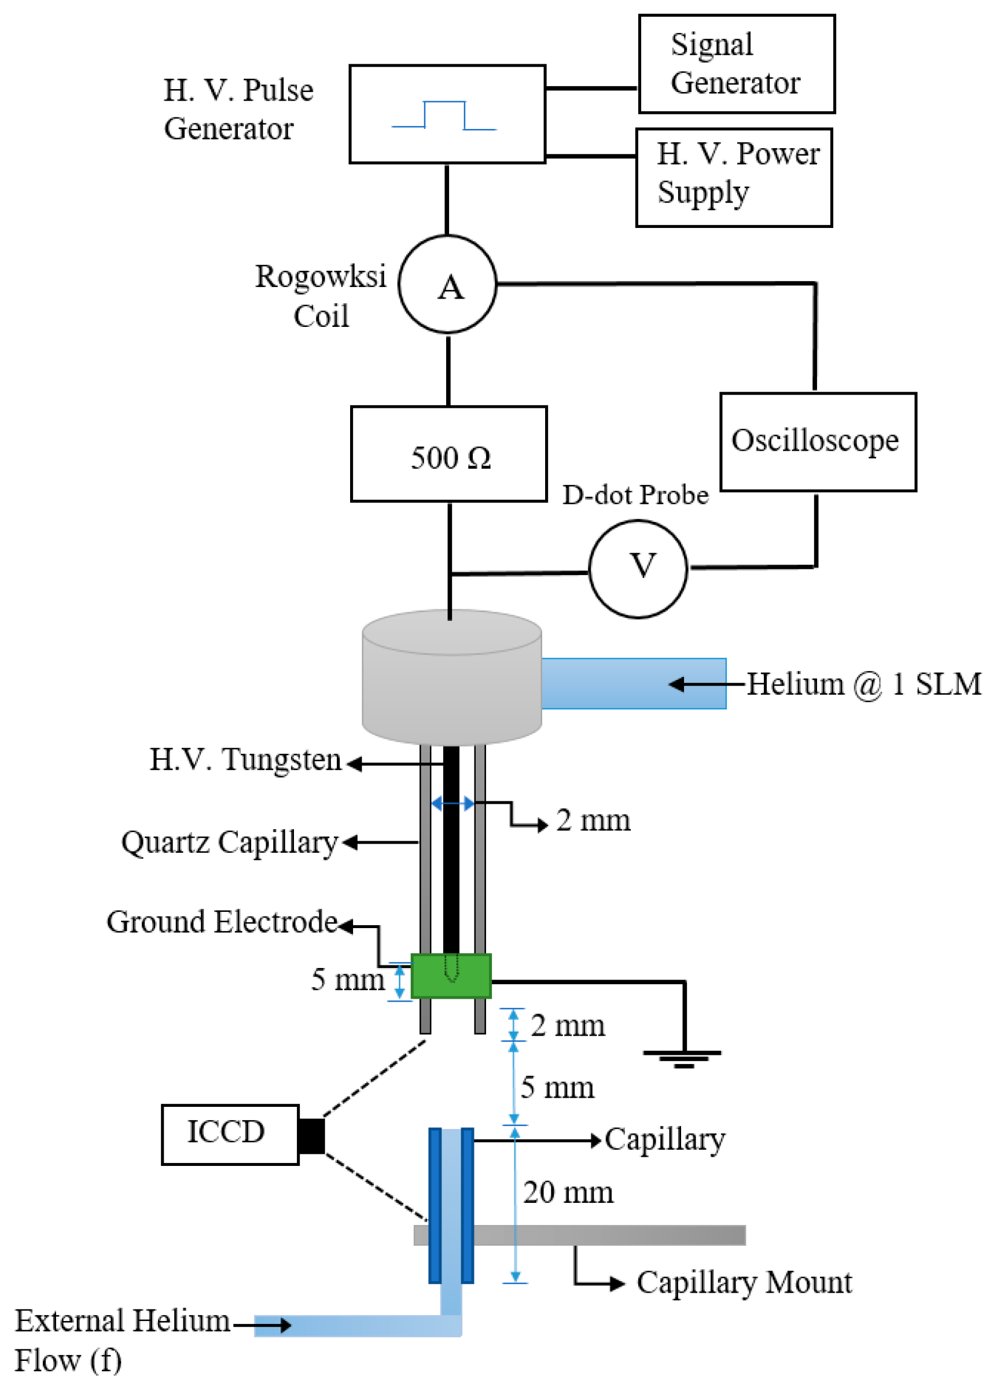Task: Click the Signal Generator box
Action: (x=736, y=64)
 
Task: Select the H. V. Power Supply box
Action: (x=734, y=177)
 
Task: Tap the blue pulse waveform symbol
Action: (x=444, y=116)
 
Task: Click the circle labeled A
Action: (x=447, y=284)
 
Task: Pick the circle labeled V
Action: (x=638, y=569)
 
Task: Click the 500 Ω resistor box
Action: (x=448, y=454)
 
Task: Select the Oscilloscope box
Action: (x=818, y=441)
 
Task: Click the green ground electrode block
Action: (x=451, y=976)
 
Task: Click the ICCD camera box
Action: (x=230, y=1134)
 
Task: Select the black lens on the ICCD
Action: (x=311, y=1135)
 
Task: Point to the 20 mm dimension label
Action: (x=568, y=1193)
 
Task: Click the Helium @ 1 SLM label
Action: (x=863, y=683)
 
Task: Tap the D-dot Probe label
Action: (x=635, y=495)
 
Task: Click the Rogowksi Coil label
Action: (x=321, y=295)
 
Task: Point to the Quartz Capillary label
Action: (x=229, y=842)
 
